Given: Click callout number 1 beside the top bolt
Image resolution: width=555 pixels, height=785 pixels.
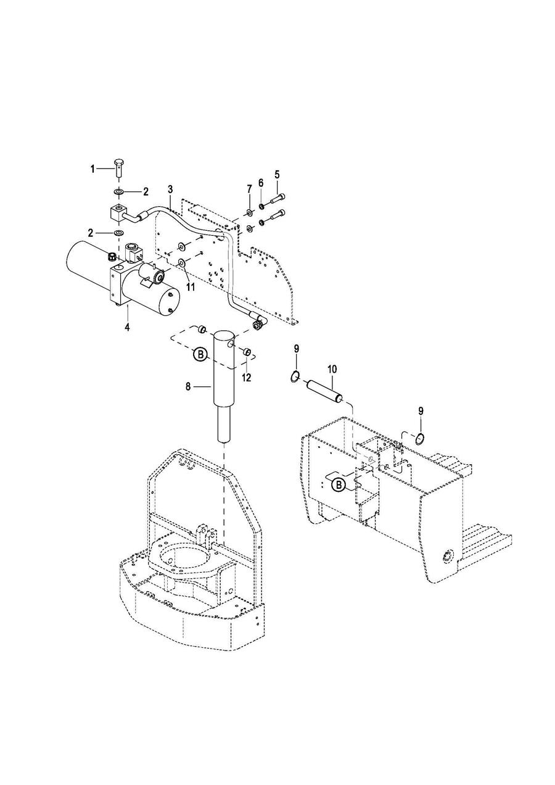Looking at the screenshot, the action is click(92, 169).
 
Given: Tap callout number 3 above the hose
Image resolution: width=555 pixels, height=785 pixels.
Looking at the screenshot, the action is click(170, 189).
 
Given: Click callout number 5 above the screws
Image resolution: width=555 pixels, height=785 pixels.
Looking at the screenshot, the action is click(277, 175).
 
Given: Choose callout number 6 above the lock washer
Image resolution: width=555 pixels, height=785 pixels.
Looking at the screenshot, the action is click(260, 183).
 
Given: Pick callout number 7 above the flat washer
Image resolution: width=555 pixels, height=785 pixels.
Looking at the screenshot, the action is click(249, 189).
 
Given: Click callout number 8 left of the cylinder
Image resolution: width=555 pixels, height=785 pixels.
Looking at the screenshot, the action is click(188, 386).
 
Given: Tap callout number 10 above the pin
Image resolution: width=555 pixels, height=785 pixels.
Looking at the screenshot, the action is click(332, 368).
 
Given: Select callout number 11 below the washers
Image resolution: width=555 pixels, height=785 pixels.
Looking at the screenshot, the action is click(190, 288).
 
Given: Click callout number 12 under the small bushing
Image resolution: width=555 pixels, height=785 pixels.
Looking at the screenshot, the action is click(247, 378).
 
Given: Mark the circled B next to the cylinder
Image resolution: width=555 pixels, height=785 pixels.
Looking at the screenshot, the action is click(200, 354).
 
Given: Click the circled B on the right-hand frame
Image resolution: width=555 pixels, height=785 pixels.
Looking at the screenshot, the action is click(339, 485).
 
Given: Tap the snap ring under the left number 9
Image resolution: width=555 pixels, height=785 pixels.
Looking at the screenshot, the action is click(295, 376).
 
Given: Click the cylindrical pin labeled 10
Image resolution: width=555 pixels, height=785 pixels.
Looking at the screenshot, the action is click(324, 392).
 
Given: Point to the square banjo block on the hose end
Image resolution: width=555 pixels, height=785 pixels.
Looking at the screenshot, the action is click(117, 213).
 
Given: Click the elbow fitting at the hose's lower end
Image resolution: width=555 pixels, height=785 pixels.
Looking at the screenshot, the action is click(259, 322).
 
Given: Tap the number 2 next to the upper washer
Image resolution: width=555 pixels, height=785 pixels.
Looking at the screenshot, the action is click(146, 192).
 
